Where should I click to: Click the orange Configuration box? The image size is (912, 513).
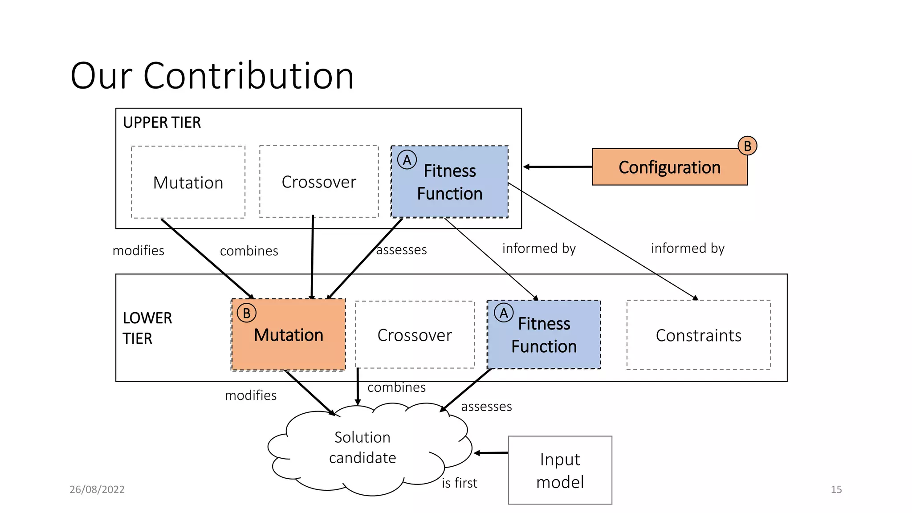669,167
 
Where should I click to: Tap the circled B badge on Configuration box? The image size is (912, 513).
747,146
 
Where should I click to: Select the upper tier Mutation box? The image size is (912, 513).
188,182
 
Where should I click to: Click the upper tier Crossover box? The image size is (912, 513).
319,182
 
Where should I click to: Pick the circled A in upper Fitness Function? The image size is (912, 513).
407,160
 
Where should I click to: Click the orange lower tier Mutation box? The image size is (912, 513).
289,335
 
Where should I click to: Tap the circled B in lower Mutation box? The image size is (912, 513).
246,313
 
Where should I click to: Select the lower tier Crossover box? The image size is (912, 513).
415,335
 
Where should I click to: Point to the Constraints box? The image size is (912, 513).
698,335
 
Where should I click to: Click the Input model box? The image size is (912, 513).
560,470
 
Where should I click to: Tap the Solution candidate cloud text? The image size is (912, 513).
362,447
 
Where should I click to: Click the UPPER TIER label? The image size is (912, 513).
162,122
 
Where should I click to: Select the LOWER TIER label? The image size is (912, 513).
147,328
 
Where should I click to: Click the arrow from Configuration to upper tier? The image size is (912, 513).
558,167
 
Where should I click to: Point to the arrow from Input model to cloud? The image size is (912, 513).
491,453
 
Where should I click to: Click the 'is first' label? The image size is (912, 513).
459,483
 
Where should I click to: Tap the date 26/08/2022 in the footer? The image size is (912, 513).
97,489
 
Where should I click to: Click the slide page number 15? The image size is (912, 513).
836,489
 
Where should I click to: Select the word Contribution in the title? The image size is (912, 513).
248,76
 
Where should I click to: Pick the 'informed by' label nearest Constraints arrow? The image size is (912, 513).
688,248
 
